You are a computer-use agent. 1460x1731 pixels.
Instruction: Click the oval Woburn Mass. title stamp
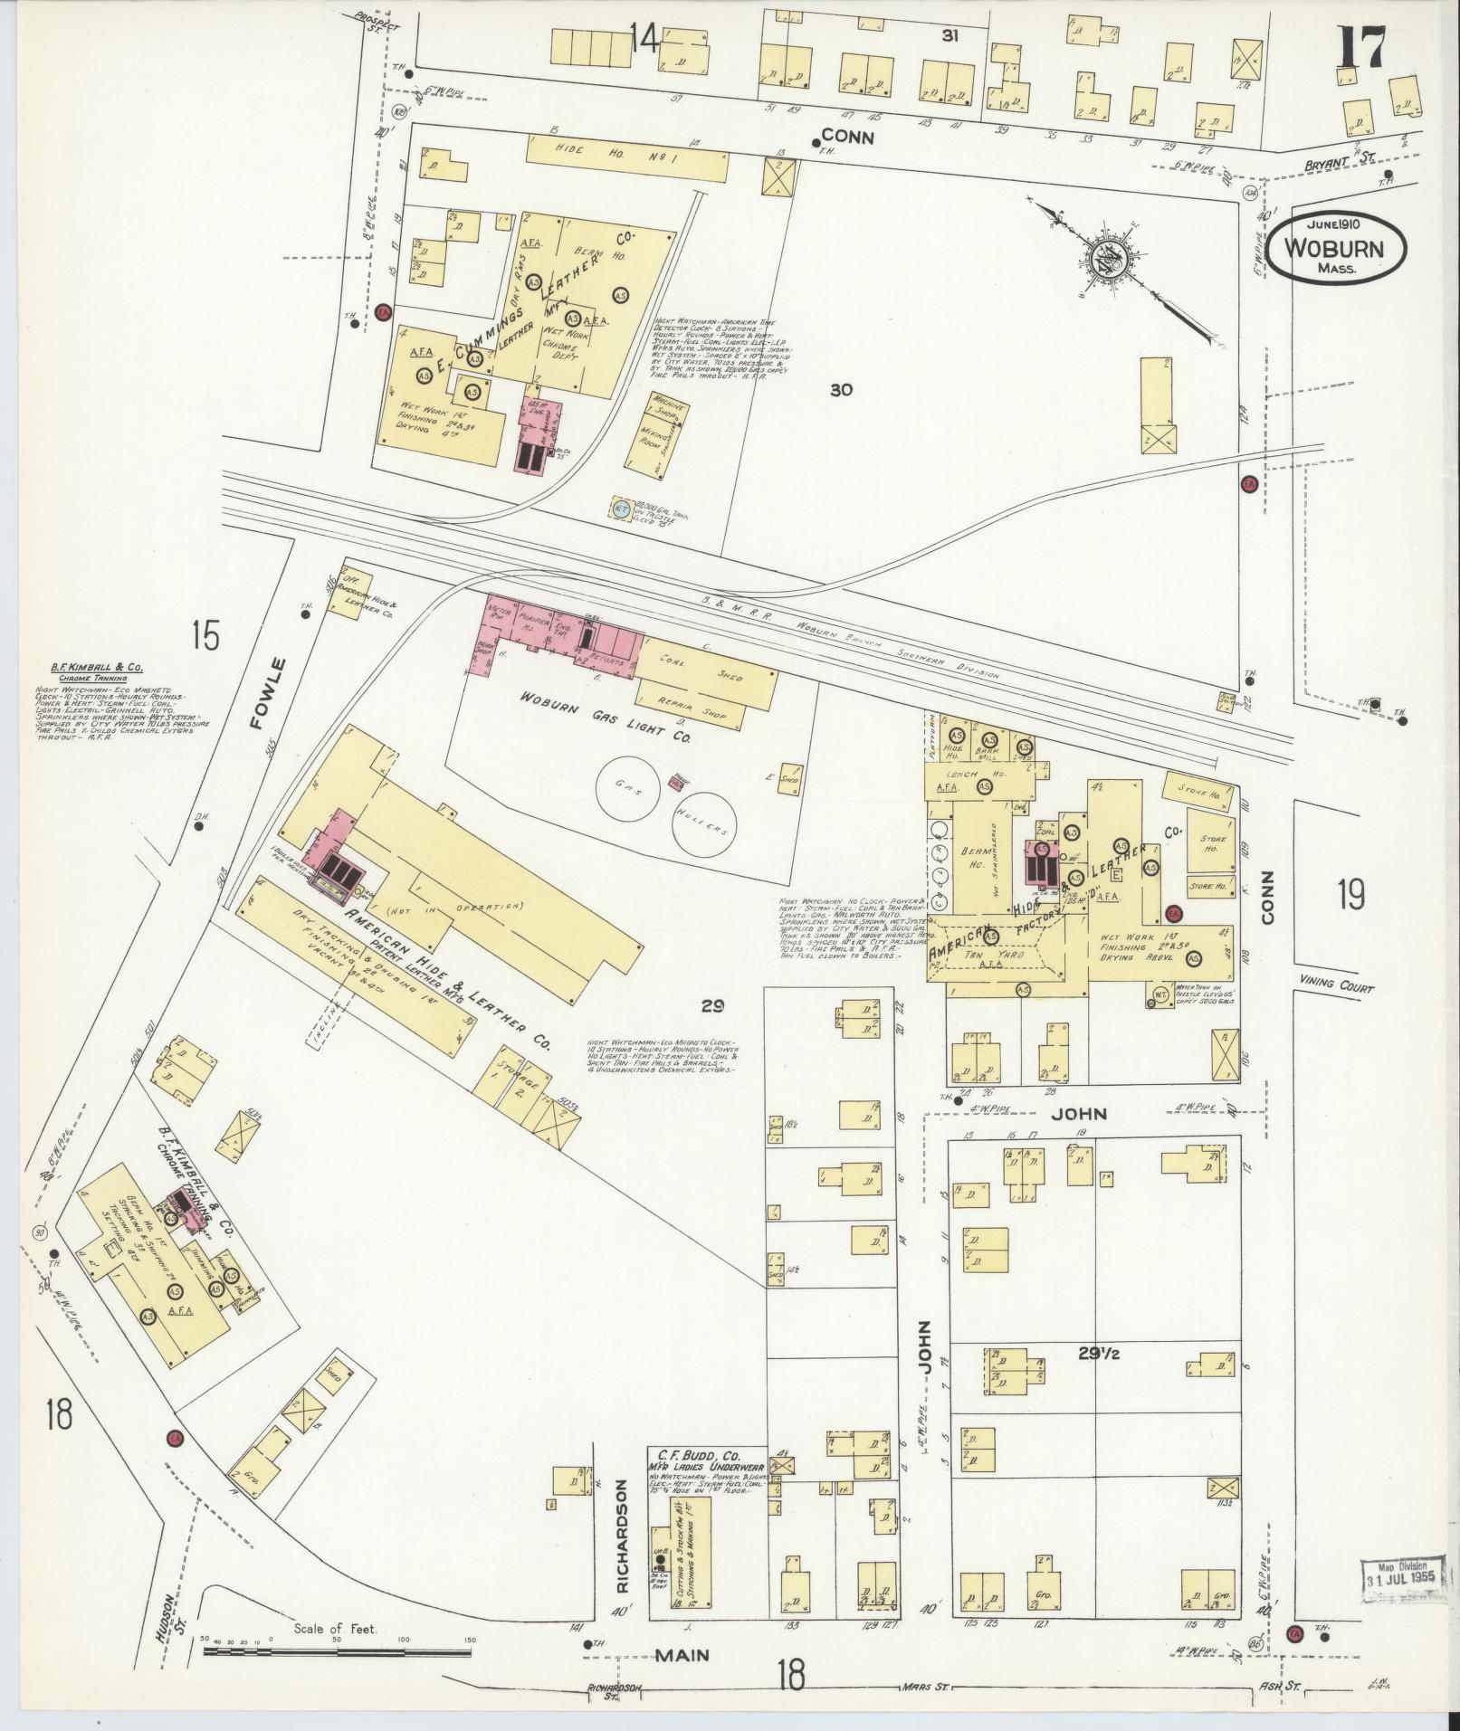click(x=1336, y=253)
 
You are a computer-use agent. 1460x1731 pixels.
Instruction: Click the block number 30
click(x=841, y=390)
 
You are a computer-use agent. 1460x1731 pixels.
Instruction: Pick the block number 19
click(x=1350, y=895)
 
